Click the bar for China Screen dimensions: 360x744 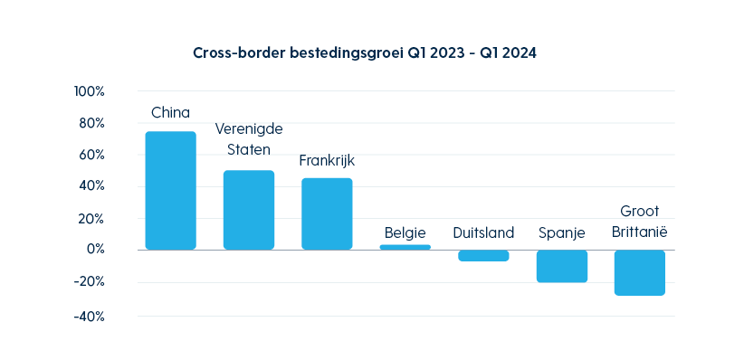[x=170, y=190]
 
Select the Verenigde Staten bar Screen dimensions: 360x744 [x=249, y=210]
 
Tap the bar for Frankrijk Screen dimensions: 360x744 [x=327, y=213]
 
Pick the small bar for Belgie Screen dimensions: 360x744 [x=405, y=247]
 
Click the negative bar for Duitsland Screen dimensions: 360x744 [x=483, y=256]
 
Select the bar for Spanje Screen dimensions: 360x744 [x=561, y=266]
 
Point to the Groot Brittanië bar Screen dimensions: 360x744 [x=640, y=272]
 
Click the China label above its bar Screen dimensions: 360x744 [x=170, y=113]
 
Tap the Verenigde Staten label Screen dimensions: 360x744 [x=249, y=139]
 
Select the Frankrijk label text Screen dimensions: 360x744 [x=327, y=161]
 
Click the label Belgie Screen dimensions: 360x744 [x=405, y=232]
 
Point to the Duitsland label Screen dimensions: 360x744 [x=483, y=232]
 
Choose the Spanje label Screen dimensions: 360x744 [x=561, y=232]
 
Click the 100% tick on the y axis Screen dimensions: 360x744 [x=90, y=91]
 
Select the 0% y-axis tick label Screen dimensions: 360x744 [x=95, y=250]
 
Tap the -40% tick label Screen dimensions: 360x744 [x=89, y=317]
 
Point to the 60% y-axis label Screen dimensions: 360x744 [x=92, y=155]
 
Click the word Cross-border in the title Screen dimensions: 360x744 [x=238, y=53]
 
